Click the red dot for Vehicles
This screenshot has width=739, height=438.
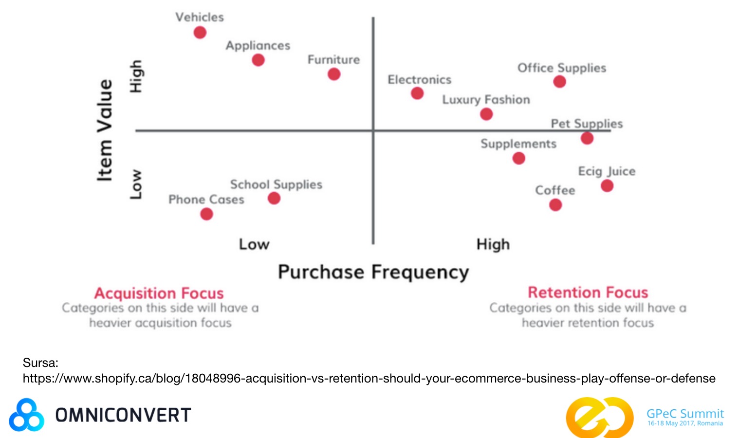[x=200, y=32]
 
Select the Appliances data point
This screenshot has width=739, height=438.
[x=258, y=60]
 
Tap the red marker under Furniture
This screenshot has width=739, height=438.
[x=334, y=74]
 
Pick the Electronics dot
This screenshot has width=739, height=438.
[x=417, y=93]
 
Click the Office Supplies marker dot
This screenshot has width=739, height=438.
[x=559, y=81]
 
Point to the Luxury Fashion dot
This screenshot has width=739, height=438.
[x=486, y=114]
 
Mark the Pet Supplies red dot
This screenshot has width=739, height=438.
[x=587, y=138]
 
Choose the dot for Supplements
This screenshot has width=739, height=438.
[x=518, y=158]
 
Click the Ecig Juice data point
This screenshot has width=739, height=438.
[x=607, y=186]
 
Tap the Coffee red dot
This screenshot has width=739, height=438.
[x=555, y=205]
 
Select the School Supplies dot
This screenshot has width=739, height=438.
[x=274, y=198]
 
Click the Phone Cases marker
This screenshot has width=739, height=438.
[x=206, y=214]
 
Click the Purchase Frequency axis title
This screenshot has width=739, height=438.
[x=373, y=273]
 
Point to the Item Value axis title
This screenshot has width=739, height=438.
[x=105, y=130]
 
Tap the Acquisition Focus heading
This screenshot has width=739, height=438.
[x=159, y=293]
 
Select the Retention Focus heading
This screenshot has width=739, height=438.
[x=588, y=292]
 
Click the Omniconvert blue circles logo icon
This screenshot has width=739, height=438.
[x=26, y=415]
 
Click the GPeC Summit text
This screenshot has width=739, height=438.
[x=685, y=413]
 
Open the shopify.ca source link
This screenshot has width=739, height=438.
[x=369, y=378]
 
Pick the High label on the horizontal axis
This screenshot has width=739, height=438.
[x=493, y=244]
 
